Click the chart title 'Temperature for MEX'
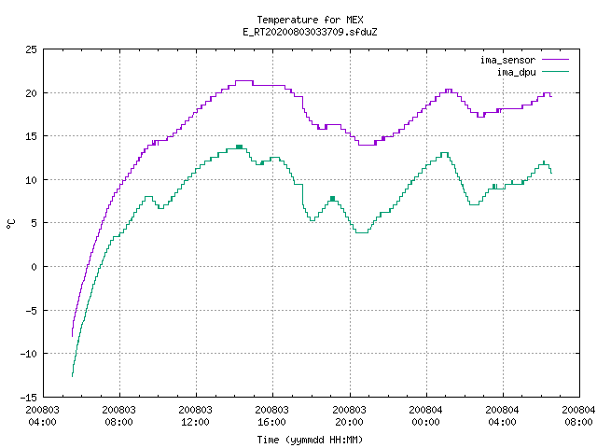coord(310,20)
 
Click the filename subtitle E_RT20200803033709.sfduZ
coord(310,32)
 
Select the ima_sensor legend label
coord(507,60)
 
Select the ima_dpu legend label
coord(516,72)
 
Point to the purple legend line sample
coord(555,60)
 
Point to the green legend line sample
coord(555,72)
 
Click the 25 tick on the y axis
coord(32,49)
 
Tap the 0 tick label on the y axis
coord(35,267)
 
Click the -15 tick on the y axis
coord(29,398)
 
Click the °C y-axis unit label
coord(11,223)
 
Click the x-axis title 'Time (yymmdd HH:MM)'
coord(310,440)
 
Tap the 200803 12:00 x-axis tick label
coord(195,416)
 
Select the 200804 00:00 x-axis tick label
coord(425,416)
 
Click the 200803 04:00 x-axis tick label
coord(43,416)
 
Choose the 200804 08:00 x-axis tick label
coord(578,416)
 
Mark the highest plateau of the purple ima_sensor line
coord(244,81)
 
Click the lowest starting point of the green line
coord(73,376)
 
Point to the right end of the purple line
coord(551,96)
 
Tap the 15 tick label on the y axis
coord(32,136)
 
